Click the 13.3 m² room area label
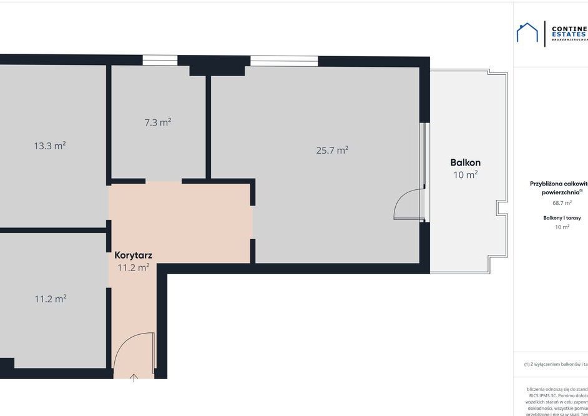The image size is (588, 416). point(49,146)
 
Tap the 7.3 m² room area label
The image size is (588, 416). point(157,122)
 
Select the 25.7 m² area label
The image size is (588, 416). point(332,150)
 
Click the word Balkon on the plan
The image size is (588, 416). point(465,162)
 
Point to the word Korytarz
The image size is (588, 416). point(133,255)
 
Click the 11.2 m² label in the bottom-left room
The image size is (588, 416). point(50,299)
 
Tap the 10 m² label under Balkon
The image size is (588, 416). point(465,175)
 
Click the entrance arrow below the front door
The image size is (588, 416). point(134,377)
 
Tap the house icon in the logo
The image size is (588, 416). point(527,33)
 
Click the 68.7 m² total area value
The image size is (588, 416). point(562,202)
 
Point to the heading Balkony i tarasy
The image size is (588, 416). point(562,218)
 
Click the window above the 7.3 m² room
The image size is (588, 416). point(160,60)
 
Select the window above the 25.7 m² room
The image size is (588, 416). point(284,61)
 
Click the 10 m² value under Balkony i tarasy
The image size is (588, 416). point(562,227)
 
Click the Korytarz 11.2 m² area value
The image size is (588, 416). point(133,267)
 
